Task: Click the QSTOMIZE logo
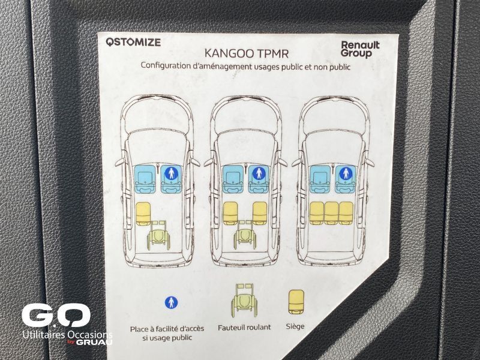pyautogui.click(x=133, y=42)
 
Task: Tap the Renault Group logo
pyautogui.click(x=361, y=49)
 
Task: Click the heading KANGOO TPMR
pyautogui.click(x=247, y=53)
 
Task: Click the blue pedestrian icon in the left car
pyautogui.click(x=171, y=173)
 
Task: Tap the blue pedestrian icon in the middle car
pyautogui.click(x=259, y=173)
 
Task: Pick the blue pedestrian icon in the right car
pyautogui.click(x=346, y=173)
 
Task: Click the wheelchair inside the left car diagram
pyautogui.click(x=158, y=235)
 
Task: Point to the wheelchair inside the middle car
pyautogui.click(x=245, y=235)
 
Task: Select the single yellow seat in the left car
pyautogui.click(x=143, y=214)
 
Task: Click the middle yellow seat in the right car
pyautogui.click(x=331, y=213)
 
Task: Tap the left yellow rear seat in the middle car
pyautogui.click(x=230, y=214)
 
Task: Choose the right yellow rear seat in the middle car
pyautogui.click(x=260, y=214)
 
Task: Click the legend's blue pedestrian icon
pyautogui.click(x=171, y=303)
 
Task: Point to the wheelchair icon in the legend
pyautogui.click(x=244, y=300)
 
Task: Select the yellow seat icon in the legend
pyautogui.click(x=296, y=302)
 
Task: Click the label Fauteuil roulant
pyautogui.click(x=244, y=328)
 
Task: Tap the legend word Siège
pyautogui.click(x=295, y=326)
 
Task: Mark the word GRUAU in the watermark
pyautogui.click(x=94, y=342)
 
